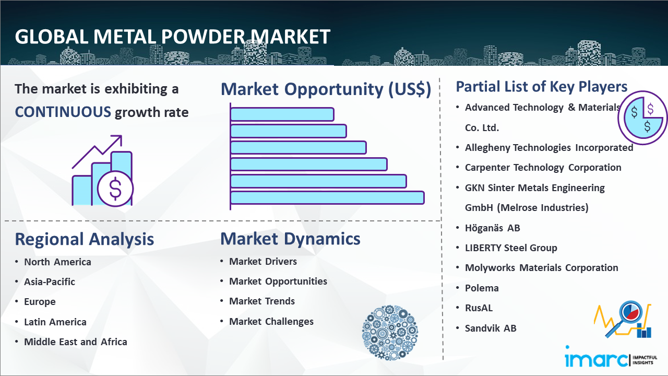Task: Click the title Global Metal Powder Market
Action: pyautogui.click(x=173, y=37)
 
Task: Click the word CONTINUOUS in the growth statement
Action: pyautogui.click(x=63, y=112)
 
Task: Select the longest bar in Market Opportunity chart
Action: pyautogui.click(x=327, y=197)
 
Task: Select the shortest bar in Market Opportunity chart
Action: pyautogui.click(x=282, y=114)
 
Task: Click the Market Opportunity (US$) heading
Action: pyautogui.click(x=326, y=89)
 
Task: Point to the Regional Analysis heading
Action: pyautogui.click(x=84, y=239)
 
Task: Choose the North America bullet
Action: pyautogui.click(x=57, y=262)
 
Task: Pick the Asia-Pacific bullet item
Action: pyautogui.click(x=50, y=282)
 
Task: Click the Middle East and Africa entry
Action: pyautogui.click(x=75, y=342)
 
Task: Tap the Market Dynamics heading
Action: pyautogui.click(x=290, y=239)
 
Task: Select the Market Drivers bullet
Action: pyautogui.click(x=263, y=262)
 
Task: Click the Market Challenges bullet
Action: pyautogui.click(x=271, y=322)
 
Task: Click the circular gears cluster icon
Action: pyautogui.click(x=389, y=332)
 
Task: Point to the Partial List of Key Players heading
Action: pyautogui.click(x=542, y=86)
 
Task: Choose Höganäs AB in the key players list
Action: pyautogui.click(x=492, y=228)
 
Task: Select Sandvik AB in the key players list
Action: pyautogui.click(x=491, y=328)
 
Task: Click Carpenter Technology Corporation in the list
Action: pyautogui.click(x=543, y=168)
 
